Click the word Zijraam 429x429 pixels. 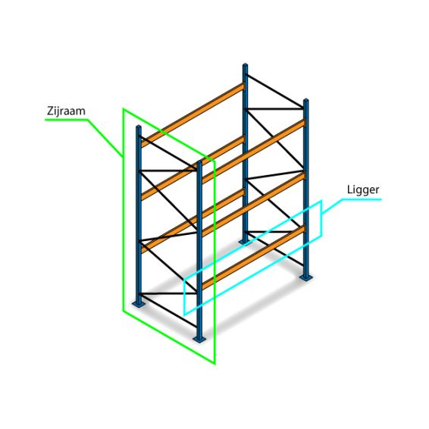(66, 111)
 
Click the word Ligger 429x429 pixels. (363, 190)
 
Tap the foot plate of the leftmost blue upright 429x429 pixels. (139, 304)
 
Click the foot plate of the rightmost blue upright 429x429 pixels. (306, 277)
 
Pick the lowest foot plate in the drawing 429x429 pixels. (199, 340)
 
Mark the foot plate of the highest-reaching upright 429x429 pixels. (245, 242)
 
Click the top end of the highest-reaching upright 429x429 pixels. (245, 65)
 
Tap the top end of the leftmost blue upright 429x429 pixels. (139, 127)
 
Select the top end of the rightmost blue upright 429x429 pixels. (306, 100)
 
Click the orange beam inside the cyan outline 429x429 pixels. (253, 258)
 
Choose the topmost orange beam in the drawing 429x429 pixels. (193, 115)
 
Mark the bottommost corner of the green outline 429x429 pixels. (214, 364)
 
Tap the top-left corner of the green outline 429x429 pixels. (124, 109)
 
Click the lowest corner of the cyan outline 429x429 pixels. (184, 315)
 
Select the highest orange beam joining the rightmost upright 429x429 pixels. (253, 152)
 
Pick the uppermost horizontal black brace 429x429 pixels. (275, 109)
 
